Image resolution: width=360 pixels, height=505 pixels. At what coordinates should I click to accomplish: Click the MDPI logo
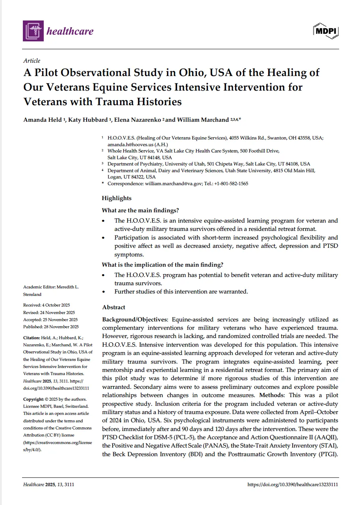pos(326,30)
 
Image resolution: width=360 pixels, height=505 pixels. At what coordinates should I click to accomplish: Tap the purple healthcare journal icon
pos(33,31)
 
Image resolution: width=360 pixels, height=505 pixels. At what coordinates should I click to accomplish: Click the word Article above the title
pos(32,61)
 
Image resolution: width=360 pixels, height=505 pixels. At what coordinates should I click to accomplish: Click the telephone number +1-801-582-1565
pos(231,184)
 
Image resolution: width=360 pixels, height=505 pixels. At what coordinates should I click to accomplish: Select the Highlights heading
pos(117,198)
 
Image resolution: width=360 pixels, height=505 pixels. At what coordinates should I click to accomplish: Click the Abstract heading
pos(114,307)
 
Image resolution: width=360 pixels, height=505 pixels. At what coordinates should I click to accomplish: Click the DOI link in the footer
pos(293,485)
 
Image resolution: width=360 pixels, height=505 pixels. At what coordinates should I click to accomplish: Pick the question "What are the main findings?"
pos(143,210)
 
